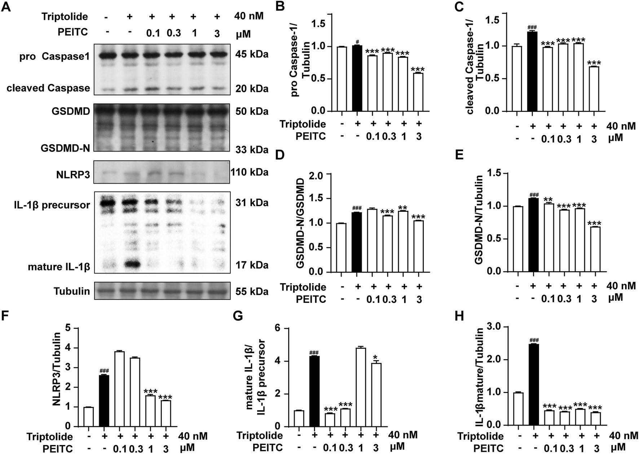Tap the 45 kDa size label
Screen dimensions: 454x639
tap(252, 54)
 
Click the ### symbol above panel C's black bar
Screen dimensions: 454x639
tap(532, 27)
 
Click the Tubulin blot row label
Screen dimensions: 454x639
tap(71, 291)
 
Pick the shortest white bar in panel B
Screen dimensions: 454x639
tap(419, 92)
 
